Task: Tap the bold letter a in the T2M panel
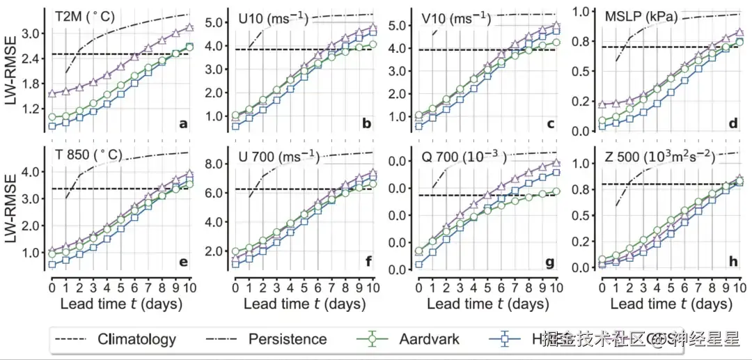(x=183, y=124)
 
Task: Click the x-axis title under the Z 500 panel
(x=671, y=304)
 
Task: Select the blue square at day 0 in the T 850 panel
(x=52, y=265)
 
